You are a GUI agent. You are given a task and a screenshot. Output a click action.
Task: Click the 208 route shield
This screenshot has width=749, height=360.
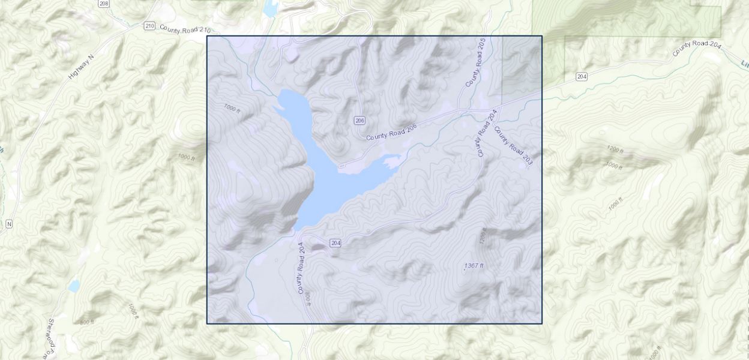pyautogui.click(x=104, y=3)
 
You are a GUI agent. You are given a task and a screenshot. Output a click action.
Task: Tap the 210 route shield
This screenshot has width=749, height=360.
pyautogui.click(x=149, y=26)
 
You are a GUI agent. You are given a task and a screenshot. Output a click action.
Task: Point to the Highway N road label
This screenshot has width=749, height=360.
pyautogui.click(x=82, y=67)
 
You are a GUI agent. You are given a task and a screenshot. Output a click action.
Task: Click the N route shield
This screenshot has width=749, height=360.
pyautogui.click(x=9, y=224)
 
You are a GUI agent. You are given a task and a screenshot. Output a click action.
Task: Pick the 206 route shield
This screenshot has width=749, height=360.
pyautogui.click(x=359, y=121)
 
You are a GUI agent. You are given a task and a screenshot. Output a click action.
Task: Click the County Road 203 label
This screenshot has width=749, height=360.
pyautogui.click(x=514, y=146)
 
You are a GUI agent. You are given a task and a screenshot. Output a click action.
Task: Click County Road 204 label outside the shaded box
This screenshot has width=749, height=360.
pyautogui.click(x=697, y=47)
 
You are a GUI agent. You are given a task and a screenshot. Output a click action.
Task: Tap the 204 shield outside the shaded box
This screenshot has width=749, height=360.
pyautogui.click(x=581, y=76)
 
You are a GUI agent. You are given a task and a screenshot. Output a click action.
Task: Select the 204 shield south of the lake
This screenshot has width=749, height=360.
pyautogui.click(x=335, y=242)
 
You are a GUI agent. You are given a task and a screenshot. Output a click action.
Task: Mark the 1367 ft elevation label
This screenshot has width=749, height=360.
pyautogui.click(x=474, y=265)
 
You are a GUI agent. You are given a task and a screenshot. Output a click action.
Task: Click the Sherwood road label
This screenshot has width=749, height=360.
pyautogui.click(x=49, y=336)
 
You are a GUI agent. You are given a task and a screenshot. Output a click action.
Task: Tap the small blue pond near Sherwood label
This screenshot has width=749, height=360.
pyautogui.click(x=74, y=286)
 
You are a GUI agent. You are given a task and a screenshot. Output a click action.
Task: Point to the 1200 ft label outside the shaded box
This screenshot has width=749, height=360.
pyautogui.click(x=615, y=149)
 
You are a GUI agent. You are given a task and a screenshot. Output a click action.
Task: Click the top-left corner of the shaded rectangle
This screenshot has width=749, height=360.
pyautogui.click(x=207, y=36)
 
